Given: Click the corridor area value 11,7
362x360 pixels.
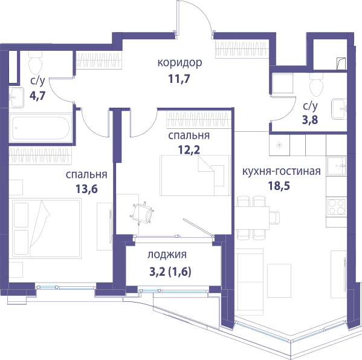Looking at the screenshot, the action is tap(179, 79).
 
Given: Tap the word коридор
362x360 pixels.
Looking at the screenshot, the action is tap(179, 63).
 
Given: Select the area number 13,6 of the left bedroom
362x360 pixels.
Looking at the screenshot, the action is tap(86, 189).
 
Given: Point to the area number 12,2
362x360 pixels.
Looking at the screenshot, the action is tap(189, 149).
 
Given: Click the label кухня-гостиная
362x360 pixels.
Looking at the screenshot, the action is tap(282, 171).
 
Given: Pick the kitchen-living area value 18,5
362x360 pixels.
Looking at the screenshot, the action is tap(279, 186).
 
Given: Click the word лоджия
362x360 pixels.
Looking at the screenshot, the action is tap(167, 255).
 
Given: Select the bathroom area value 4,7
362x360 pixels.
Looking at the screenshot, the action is tap(37, 96).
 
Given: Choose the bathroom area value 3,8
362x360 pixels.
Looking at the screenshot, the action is tap(310, 120).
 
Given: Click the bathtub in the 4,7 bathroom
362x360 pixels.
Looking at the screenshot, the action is tap(40, 128).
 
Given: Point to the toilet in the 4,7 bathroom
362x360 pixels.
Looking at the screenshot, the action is tap(35, 62).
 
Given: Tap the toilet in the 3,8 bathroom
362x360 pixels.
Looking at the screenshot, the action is tap(316, 85).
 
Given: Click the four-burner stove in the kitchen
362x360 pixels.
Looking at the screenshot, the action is tap(337, 206).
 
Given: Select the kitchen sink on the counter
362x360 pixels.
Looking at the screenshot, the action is tap(337, 166).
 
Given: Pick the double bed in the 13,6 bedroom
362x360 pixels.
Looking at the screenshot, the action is tap(47, 228).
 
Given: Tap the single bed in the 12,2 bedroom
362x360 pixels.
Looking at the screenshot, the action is tap(195, 175).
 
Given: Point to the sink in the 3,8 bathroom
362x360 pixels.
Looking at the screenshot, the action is tap(339, 109).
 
